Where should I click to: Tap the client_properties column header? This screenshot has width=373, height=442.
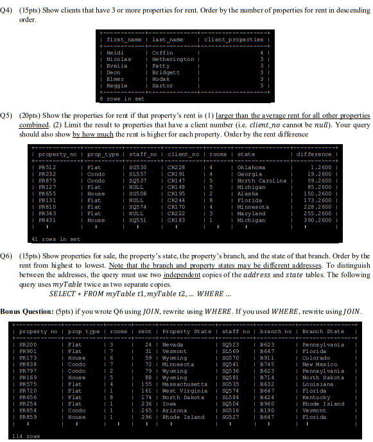(x=233, y=40)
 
